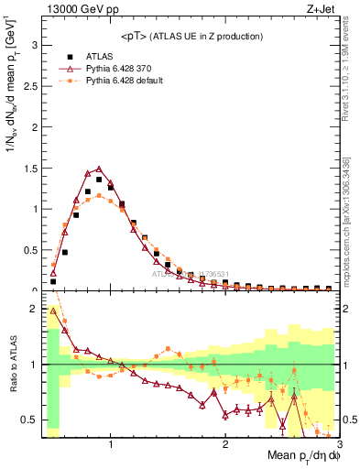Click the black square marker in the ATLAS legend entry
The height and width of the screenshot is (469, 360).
coord(69,56)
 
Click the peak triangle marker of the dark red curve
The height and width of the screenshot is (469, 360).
coord(99,169)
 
